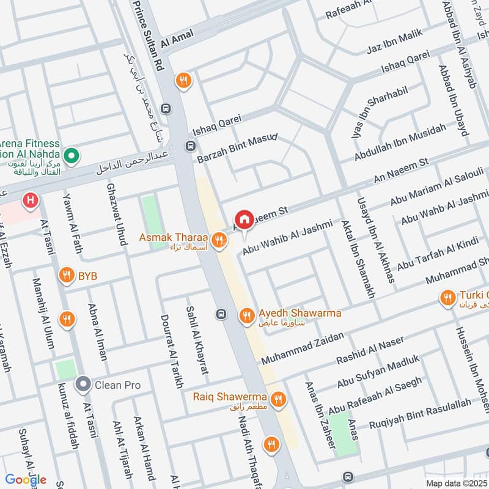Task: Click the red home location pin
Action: pos(244,219)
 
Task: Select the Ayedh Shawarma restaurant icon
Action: pos(246,314)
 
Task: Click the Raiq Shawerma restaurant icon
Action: pos(278,399)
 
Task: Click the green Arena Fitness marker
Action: pos(72,156)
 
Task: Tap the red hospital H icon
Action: pos(29,200)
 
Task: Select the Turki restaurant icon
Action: pos(447,298)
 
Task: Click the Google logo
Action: pos(26,479)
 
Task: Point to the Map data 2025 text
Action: pos(456,483)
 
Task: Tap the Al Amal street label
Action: pos(173,41)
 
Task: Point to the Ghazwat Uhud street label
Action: pos(119,214)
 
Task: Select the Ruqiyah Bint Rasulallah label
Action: pos(420,413)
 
